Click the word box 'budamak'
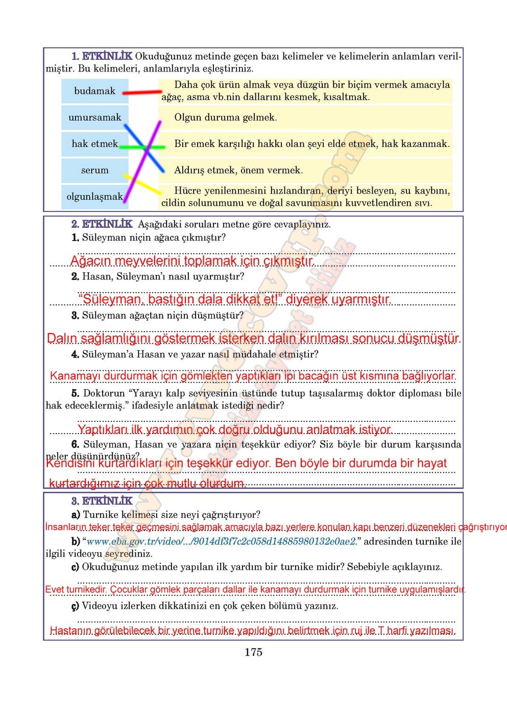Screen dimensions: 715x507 coord(94,91)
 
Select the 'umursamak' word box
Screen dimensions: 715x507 coord(94,117)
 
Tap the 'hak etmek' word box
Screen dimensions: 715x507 coord(94,144)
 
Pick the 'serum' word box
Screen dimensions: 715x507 coord(94,171)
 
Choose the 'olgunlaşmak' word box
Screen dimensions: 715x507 coord(94,197)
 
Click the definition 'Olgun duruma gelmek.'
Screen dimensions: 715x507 coord(226,117)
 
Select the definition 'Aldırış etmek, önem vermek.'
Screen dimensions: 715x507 coord(238,171)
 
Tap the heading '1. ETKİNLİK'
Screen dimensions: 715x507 coord(102,56)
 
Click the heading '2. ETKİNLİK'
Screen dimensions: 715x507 coord(102,224)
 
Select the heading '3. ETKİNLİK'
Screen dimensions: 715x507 coord(102,501)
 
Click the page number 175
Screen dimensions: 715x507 coord(253,652)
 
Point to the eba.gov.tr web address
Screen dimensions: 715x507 coord(221,541)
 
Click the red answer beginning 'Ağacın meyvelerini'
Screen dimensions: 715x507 coord(191,261)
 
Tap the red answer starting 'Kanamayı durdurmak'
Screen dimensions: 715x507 coord(253,376)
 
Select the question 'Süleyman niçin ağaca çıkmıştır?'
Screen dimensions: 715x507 coord(153,237)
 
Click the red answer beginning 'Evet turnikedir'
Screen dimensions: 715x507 coord(255,589)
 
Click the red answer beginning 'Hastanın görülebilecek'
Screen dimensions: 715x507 coord(253,631)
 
